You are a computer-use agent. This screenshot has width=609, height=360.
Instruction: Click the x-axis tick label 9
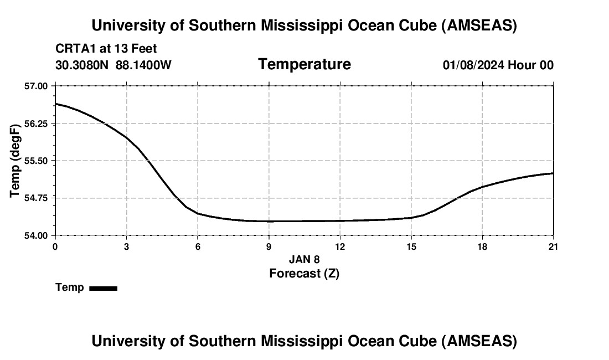tap(269, 246)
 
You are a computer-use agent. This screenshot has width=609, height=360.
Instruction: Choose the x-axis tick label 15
tap(411, 246)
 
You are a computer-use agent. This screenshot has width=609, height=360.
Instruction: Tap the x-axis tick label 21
tap(554, 246)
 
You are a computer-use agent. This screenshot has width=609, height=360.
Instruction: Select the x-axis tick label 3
tap(127, 246)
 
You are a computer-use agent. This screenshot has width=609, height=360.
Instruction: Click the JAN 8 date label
tap(304, 259)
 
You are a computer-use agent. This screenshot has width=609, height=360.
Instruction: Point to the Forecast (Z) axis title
tap(304, 273)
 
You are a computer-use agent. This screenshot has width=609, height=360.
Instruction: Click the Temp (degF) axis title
tap(16, 161)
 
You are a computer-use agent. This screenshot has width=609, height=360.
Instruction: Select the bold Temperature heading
tap(304, 64)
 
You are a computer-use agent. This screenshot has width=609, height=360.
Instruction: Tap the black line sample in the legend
tap(104, 288)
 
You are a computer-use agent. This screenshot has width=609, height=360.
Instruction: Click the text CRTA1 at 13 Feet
tap(106, 49)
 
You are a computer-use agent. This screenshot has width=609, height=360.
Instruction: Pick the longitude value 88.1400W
tap(144, 65)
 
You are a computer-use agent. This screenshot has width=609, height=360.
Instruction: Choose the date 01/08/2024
tap(473, 65)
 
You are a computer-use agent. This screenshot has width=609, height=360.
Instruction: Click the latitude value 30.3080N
tap(83, 65)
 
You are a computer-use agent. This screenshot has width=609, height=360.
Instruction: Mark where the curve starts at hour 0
tap(55, 104)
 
